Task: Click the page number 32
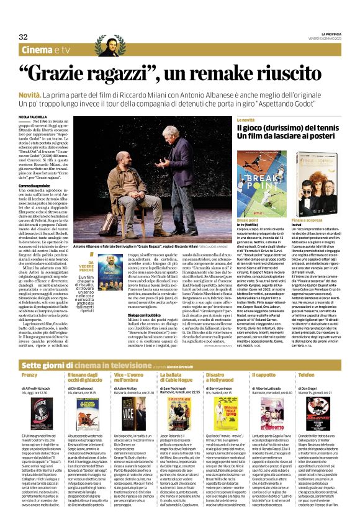23,37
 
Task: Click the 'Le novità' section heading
245,120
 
